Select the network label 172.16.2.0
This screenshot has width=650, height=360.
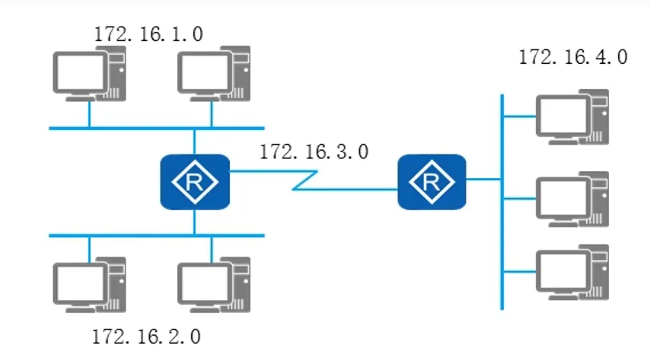click(x=146, y=336)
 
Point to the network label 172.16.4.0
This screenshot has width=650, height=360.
click(x=572, y=58)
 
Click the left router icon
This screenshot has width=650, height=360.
click(x=195, y=182)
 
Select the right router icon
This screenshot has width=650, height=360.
click(x=432, y=182)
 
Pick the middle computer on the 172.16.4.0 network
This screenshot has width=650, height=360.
click(x=572, y=199)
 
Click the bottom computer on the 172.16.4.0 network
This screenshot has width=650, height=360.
click(x=572, y=271)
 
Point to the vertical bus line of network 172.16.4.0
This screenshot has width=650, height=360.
click(x=502, y=228)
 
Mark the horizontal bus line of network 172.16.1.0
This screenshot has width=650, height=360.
click(x=152, y=128)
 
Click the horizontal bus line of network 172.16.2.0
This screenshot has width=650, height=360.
click(x=152, y=236)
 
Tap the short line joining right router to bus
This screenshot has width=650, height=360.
click(x=483, y=180)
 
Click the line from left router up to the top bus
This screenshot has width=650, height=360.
click(x=195, y=141)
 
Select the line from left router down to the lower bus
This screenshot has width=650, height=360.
click(x=195, y=223)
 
